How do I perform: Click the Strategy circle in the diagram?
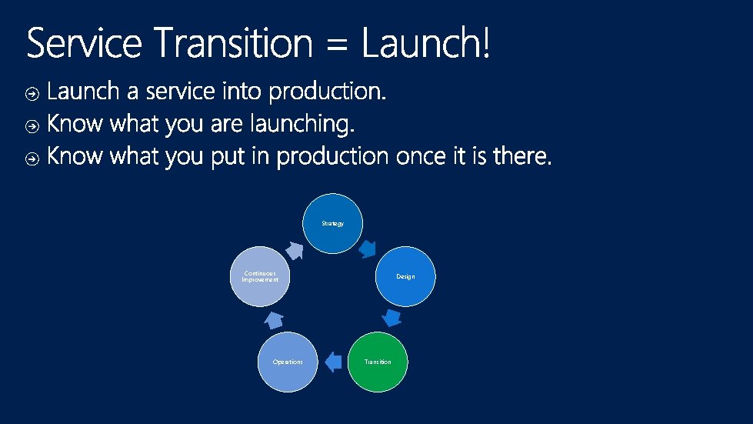pyautogui.click(x=333, y=223)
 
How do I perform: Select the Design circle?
pyautogui.click(x=405, y=276)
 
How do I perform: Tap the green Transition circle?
pyautogui.click(x=378, y=362)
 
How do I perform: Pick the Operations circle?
pyautogui.click(x=288, y=362)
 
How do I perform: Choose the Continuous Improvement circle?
pyautogui.click(x=260, y=276)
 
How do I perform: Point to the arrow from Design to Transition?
pyautogui.click(x=391, y=318)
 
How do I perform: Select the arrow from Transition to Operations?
pyautogui.click(x=332, y=362)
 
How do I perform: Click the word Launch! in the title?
pyautogui.click(x=425, y=45)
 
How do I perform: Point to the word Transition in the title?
pyautogui.click(x=233, y=45)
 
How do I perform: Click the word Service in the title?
pyautogui.click(x=84, y=45)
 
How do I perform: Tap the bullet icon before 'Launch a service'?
pyautogui.click(x=32, y=94)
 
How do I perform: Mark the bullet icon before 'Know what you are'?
pyautogui.click(x=32, y=125)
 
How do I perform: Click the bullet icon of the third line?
pyautogui.click(x=32, y=159)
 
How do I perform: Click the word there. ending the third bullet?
pyautogui.click(x=522, y=157)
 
